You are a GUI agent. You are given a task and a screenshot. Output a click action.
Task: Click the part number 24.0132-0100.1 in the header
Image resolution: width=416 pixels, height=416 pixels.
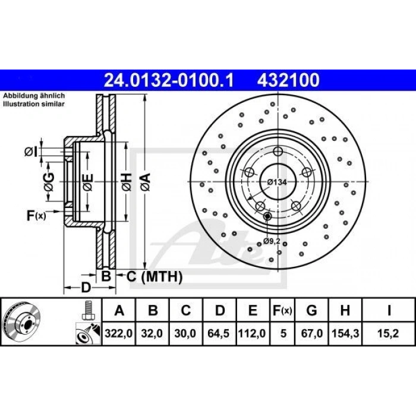[x=169, y=79]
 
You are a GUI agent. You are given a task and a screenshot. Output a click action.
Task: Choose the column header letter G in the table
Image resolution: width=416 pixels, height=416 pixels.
[x=312, y=310]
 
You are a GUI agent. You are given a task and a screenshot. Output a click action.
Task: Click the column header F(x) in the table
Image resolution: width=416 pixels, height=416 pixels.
[x=282, y=310]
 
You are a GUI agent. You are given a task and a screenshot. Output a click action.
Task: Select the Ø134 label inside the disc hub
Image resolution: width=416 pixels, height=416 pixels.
[x=276, y=182]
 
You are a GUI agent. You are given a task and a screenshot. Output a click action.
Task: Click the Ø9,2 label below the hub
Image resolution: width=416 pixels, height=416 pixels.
[x=272, y=241]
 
